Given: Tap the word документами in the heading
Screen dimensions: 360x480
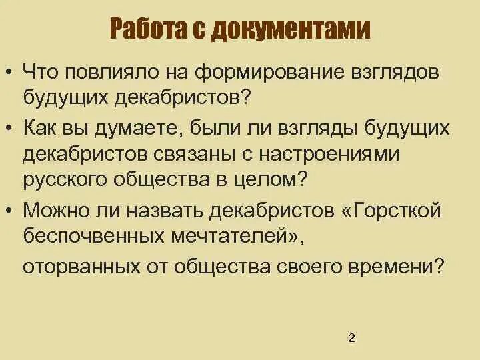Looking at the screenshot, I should click(x=299, y=30).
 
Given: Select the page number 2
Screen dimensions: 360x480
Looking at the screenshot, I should click(x=352, y=338).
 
